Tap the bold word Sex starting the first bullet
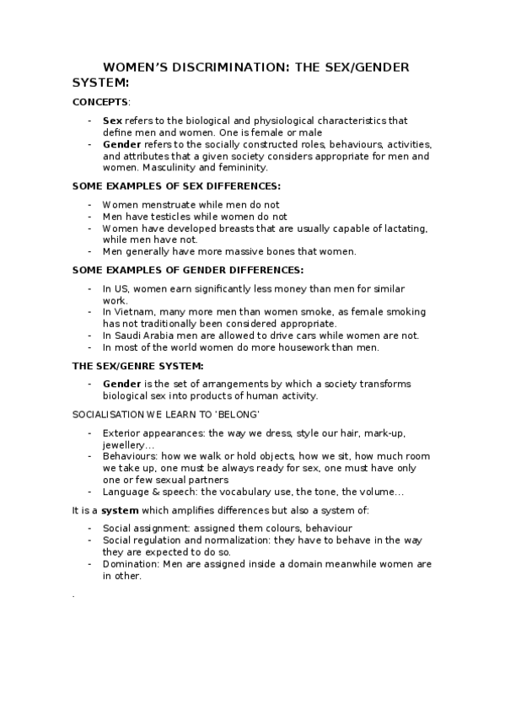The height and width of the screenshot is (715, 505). coord(112,121)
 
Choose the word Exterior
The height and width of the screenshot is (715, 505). coord(121,433)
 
